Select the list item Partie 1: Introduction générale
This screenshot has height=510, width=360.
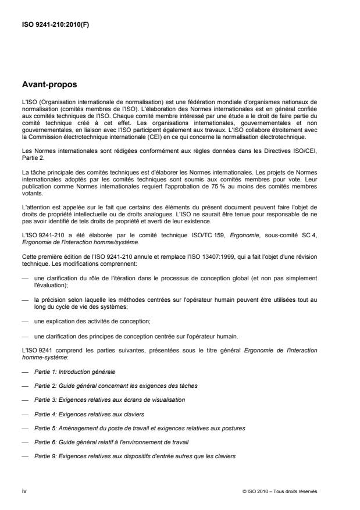tap(74, 370)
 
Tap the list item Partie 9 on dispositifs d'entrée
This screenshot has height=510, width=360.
tap(135, 456)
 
